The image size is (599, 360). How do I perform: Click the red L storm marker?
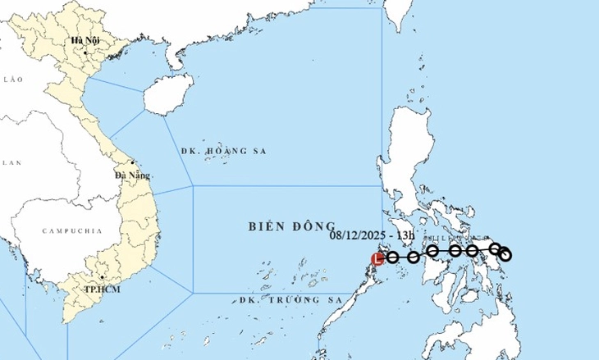pos(377,259)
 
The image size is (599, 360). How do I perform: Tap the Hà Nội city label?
pos(85,40)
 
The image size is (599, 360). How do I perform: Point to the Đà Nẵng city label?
pos(130,175)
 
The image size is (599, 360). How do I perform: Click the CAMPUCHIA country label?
pos(72,232)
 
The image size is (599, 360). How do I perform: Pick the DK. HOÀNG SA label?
pos(223,152)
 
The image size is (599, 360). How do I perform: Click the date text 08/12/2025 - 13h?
pos(374,236)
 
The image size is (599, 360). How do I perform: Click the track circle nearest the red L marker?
pos(392,257)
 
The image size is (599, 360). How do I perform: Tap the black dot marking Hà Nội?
pos(85,52)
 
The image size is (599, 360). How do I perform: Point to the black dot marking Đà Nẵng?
pos(132,162)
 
